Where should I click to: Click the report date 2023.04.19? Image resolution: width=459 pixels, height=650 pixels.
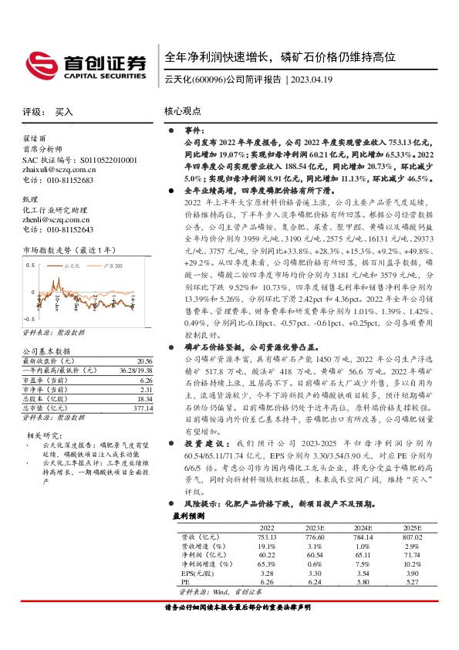click(312, 80)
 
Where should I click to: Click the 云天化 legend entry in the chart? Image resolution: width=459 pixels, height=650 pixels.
click(73, 265)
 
